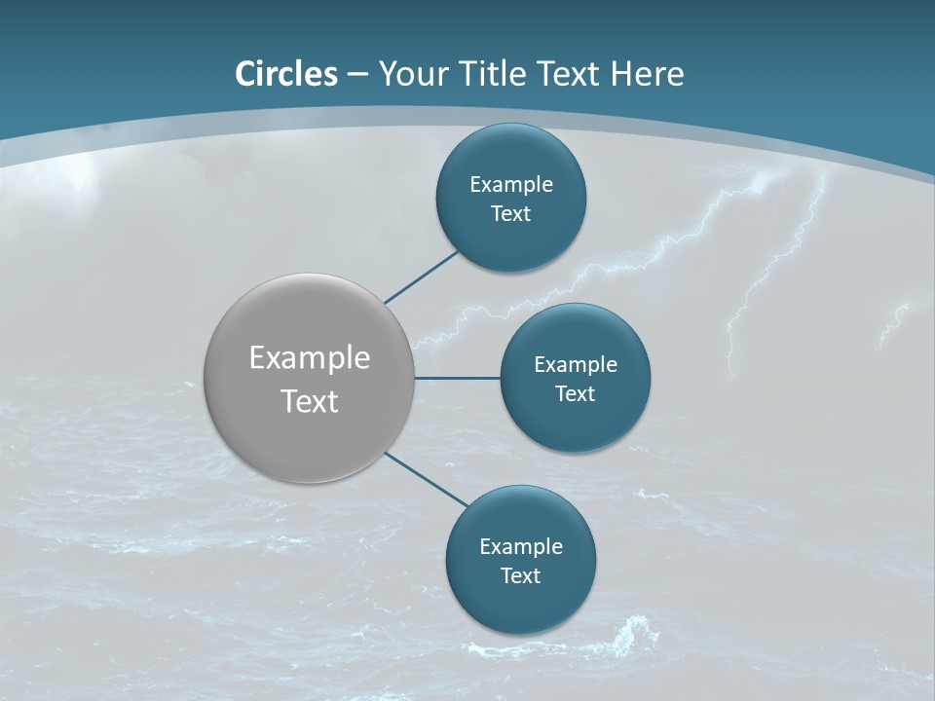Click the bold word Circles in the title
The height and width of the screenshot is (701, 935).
click(x=286, y=74)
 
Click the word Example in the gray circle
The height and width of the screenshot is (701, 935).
click(x=310, y=357)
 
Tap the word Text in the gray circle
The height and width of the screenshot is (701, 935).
click(x=310, y=401)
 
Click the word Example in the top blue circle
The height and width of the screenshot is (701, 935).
click(x=511, y=184)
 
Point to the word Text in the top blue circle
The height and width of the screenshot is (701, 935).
click(x=511, y=214)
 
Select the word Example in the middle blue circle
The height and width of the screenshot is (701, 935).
click(x=576, y=364)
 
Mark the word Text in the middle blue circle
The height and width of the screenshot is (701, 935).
click(x=576, y=393)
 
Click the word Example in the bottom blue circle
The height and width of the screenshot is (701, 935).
click(x=521, y=546)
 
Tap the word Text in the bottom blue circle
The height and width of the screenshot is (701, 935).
click(x=521, y=575)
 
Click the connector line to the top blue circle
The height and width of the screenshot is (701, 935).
click(x=423, y=277)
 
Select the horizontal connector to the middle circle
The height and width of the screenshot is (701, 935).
click(x=458, y=378)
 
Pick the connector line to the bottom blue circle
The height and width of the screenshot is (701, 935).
click(x=427, y=479)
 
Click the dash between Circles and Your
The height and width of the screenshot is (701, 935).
click(x=357, y=74)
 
